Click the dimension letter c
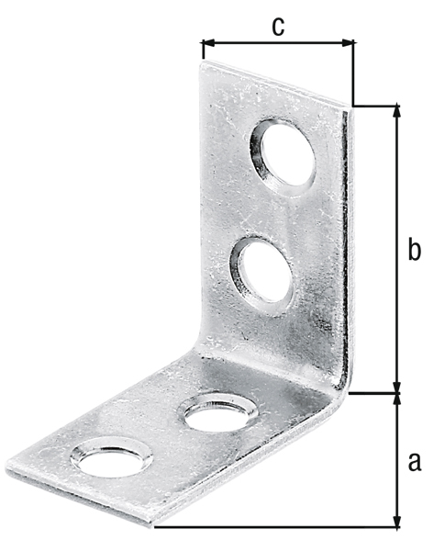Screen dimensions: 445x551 pos(278,27)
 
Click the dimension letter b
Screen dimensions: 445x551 pos(414,249)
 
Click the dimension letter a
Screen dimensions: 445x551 pos(415,461)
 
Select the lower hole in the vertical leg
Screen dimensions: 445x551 pos(261,275)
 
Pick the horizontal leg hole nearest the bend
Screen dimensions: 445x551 pos(217,413)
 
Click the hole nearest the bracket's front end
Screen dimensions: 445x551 pos(112,457)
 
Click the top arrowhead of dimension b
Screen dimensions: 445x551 pos(397,111)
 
